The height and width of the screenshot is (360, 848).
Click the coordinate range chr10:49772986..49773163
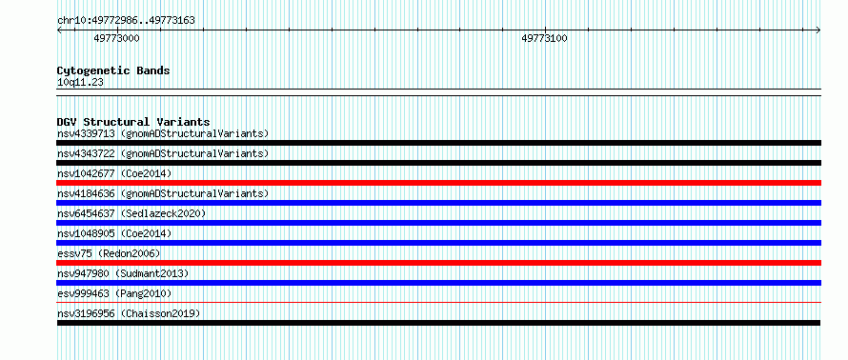point(126,21)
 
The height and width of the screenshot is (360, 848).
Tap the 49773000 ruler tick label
point(117,38)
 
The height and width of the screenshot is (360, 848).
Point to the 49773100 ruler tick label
point(544,38)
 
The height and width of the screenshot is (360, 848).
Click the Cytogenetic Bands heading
point(113,70)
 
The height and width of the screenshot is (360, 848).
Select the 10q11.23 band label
point(80,83)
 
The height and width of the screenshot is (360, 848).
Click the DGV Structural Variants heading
point(133,122)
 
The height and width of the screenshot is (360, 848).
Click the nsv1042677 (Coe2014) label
point(114,173)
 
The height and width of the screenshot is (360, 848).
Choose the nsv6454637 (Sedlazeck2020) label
point(131,213)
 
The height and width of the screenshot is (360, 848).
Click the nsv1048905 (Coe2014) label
point(114,233)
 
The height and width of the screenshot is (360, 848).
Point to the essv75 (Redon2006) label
point(109,253)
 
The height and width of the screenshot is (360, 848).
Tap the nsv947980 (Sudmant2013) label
point(123,273)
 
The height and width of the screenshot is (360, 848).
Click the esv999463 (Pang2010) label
point(114,293)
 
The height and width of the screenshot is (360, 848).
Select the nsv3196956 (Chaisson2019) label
point(129,313)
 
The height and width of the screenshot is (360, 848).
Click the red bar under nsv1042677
point(438,183)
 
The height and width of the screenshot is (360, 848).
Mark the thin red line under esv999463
point(438,303)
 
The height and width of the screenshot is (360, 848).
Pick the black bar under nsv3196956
point(438,323)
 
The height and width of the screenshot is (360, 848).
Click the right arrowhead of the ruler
point(818,30)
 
